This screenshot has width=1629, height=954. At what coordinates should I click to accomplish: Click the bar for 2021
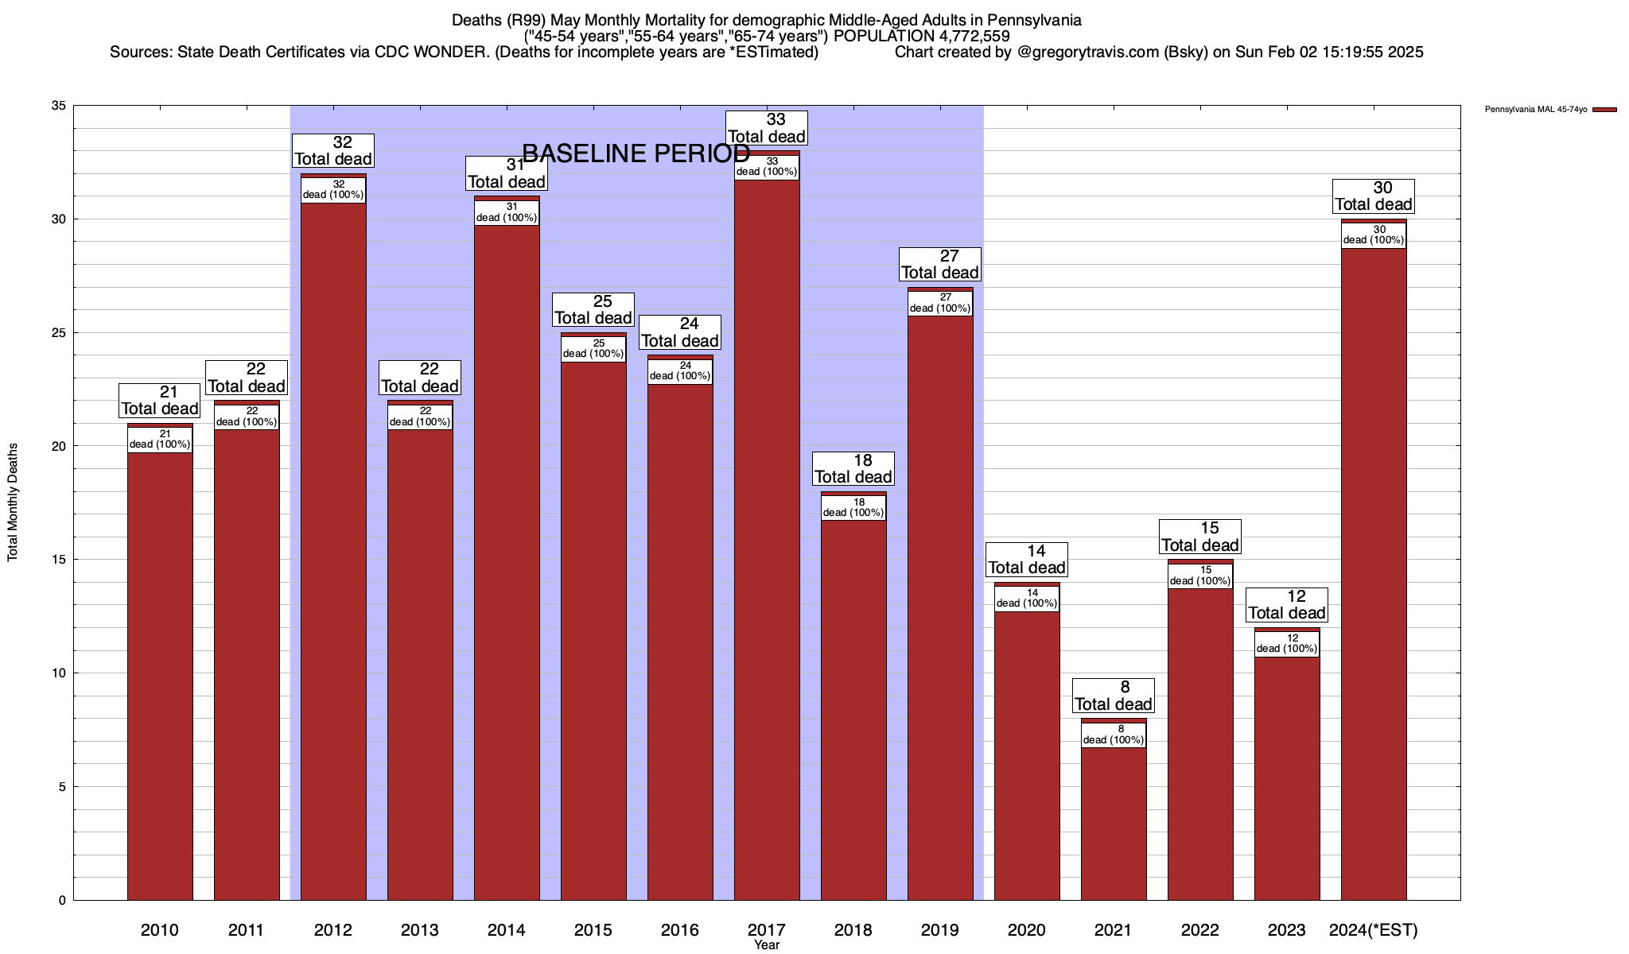(1114, 819)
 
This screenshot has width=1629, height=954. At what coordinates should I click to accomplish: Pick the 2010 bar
(160, 676)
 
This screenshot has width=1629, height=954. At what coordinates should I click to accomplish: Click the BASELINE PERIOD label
(636, 153)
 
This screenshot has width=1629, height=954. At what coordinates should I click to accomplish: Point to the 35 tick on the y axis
(59, 106)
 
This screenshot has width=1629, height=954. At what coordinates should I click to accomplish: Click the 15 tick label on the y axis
(59, 560)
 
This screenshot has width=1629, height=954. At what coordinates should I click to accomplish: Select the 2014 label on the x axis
(507, 930)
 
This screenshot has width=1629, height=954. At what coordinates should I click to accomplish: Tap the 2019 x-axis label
(940, 930)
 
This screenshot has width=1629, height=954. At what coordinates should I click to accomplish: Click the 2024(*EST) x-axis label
(1374, 930)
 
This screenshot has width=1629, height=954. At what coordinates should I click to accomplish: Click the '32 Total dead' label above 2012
(333, 150)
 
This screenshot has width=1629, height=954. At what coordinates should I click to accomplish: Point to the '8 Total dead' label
(1114, 696)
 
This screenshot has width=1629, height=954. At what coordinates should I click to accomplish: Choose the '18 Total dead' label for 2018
(853, 468)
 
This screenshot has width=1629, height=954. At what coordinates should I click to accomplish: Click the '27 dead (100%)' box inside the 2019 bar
(940, 303)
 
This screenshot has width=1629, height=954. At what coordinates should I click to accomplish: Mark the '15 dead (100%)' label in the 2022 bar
(1200, 576)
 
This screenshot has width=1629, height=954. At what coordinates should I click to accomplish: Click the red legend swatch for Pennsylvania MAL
(1605, 110)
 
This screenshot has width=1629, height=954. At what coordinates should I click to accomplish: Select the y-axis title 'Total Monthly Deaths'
(13, 502)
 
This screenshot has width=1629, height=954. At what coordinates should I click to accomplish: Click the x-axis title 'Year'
(767, 945)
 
